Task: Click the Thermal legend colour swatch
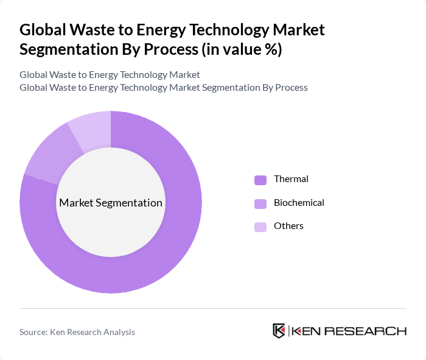point(260,180)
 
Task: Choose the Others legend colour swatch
point(260,227)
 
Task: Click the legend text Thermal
point(291,179)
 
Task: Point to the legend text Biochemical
point(299,203)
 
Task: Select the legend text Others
point(288,226)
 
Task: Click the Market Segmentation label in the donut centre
point(111,203)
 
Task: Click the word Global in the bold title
point(43,29)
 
